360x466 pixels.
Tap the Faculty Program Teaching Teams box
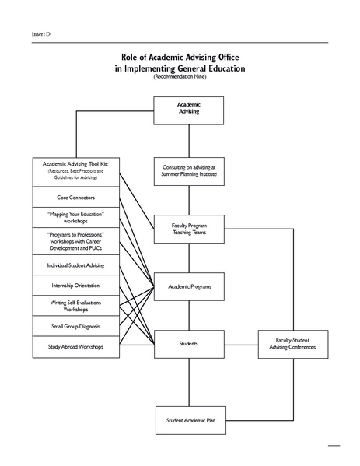[x=188, y=229]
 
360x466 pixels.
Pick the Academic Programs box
[x=188, y=286]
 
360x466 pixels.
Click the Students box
[x=188, y=343]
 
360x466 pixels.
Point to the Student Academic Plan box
[x=188, y=420]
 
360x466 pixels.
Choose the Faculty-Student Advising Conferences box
[x=295, y=343]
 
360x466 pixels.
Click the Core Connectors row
[x=75, y=197]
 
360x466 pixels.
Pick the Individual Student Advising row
[x=75, y=265]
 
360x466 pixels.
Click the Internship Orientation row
[x=75, y=286]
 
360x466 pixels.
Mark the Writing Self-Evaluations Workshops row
[x=75, y=305]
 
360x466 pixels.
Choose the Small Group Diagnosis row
[x=75, y=326]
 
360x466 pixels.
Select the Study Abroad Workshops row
[x=75, y=346]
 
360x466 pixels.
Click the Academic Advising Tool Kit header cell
[x=75, y=171]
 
